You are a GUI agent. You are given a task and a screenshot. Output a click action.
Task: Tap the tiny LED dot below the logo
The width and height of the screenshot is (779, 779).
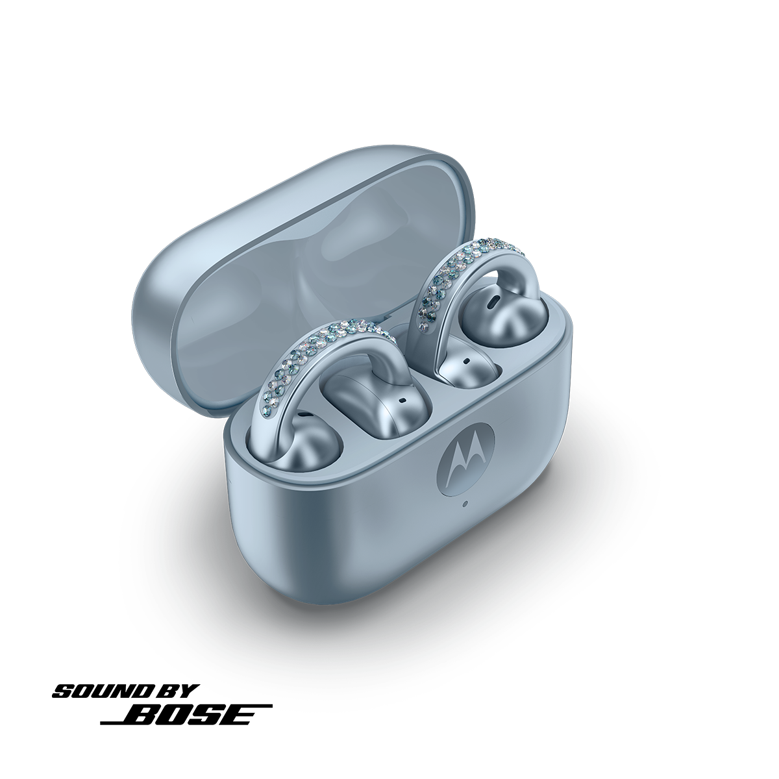(466, 504)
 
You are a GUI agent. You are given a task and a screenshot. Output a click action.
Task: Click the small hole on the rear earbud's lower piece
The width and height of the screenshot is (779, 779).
(466, 360)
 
